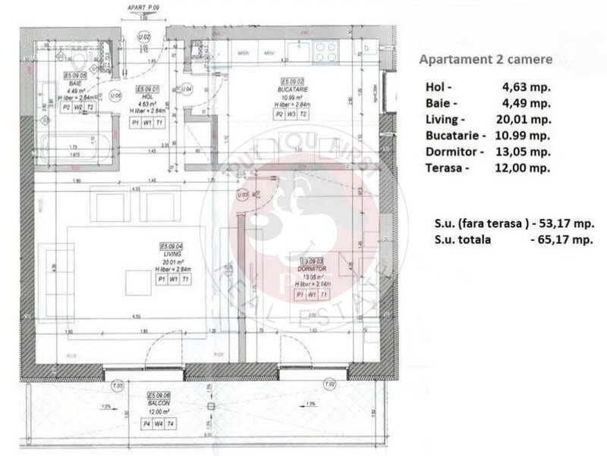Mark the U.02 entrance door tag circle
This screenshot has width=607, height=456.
coord(142,36)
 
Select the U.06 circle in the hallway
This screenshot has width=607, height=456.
coord(116,95)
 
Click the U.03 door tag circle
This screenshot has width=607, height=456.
coord(244,195)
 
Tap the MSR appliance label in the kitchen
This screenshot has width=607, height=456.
coord(245,54)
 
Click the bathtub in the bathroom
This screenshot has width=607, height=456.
coord(71,145)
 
